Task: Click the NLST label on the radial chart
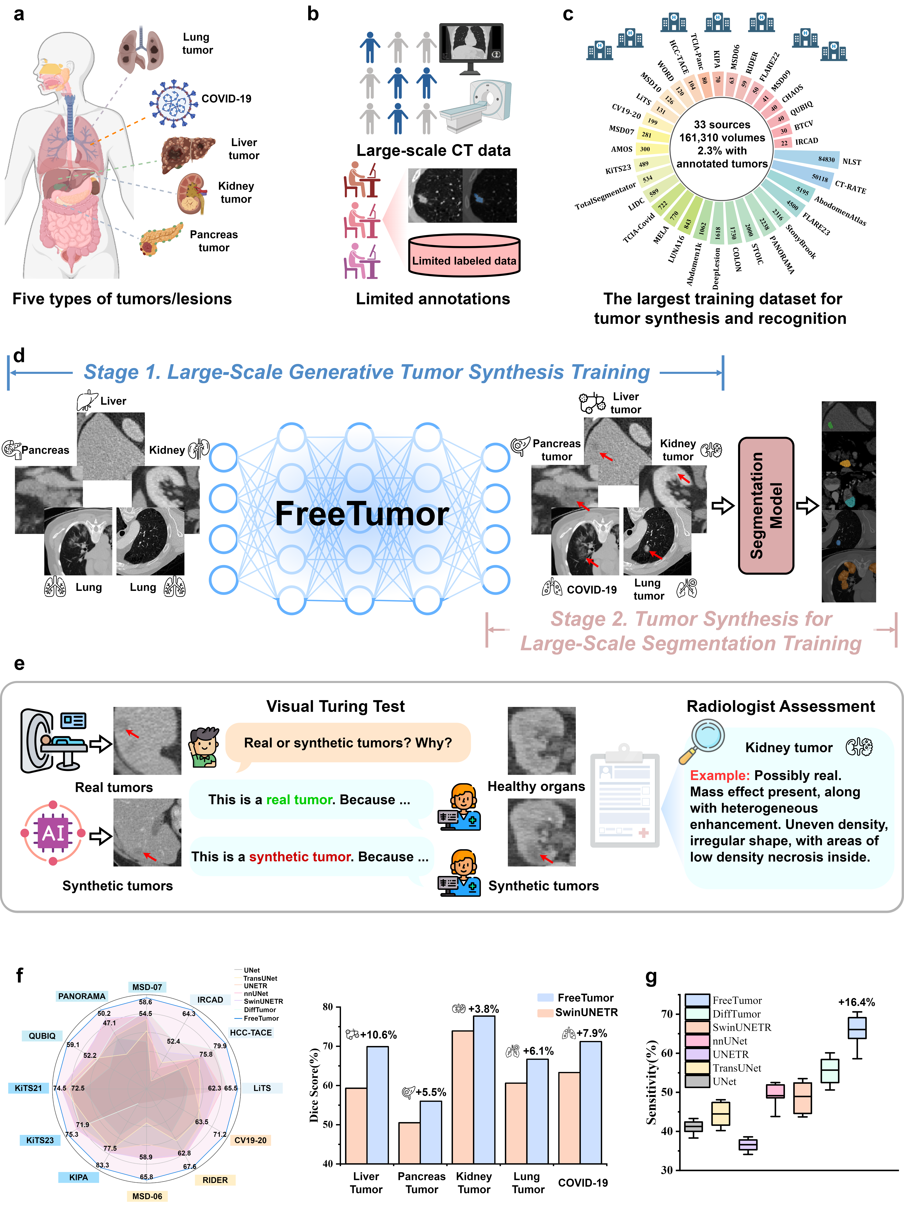[x=852, y=162]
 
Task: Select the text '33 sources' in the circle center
[x=722, y=125]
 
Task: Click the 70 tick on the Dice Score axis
[x=328, y=1046]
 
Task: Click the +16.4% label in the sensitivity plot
[x=856, y=1002]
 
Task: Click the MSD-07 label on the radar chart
[x=147, y=987]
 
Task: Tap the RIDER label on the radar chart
[x=215, y=1180]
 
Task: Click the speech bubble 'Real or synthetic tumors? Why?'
[x=348, y=743]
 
